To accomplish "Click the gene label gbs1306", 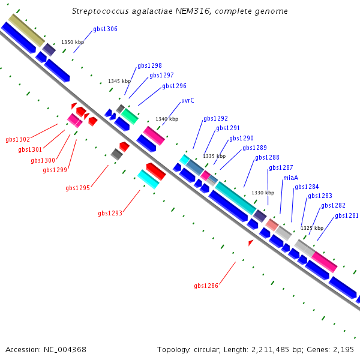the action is pos(105,29).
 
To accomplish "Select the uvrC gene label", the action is pos(188,100).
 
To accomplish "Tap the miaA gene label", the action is pos(290,178).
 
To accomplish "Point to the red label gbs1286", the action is pos(206,286).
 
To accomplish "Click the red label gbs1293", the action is pos(110,213).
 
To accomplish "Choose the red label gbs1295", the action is pos(77,188).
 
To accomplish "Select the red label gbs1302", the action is pos(17,139).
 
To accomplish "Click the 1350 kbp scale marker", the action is pos(73,42).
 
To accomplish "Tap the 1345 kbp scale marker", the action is pos(119,81).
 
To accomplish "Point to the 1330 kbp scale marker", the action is pos(263,193).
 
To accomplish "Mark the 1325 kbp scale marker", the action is pos(312,228).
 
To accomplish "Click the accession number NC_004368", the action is pos(65,350).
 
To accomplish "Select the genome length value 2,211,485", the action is pos(270,350).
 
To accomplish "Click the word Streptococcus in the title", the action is pos(100,11).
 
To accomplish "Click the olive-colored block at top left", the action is pos(26,31).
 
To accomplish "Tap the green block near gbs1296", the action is pos(130,116).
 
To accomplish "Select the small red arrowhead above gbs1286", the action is pos(250,242).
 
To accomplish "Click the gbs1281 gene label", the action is pos(347,215).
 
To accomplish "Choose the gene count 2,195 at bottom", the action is pos(343,350).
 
